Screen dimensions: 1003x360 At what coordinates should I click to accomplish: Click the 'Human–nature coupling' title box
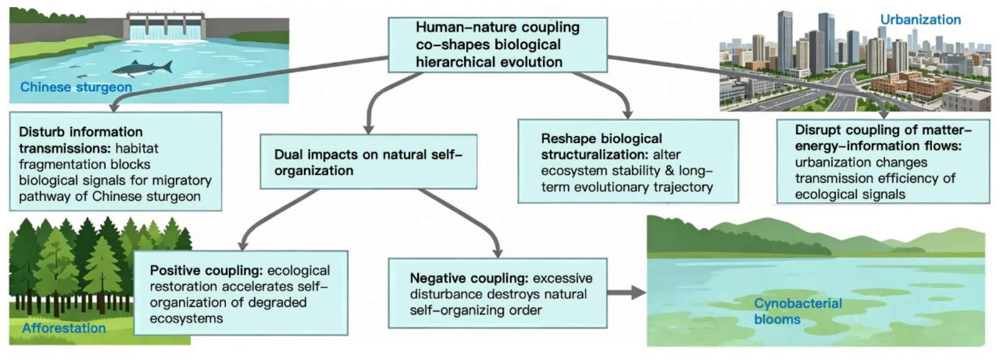497,45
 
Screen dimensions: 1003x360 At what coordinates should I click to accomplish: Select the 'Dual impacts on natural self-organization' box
369,162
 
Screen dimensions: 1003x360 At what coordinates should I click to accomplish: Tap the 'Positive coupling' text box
241,293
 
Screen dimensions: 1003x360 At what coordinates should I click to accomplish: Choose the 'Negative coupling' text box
497,293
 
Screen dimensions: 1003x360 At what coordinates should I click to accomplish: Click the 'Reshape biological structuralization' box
629,161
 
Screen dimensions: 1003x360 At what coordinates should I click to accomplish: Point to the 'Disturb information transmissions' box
116,161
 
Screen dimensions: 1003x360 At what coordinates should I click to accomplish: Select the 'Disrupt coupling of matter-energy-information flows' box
883,161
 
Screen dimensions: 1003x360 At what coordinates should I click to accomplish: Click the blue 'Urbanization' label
921,20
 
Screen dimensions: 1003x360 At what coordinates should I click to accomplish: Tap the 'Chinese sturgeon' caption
76,87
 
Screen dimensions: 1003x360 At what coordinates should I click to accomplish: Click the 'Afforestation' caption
64,328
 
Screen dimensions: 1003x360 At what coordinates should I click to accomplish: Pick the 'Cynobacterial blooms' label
798,311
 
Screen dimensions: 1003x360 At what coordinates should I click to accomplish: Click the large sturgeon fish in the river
143,69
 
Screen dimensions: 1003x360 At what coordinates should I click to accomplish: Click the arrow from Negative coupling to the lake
627,293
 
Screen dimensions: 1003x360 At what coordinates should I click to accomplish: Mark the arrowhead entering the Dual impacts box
368,128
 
